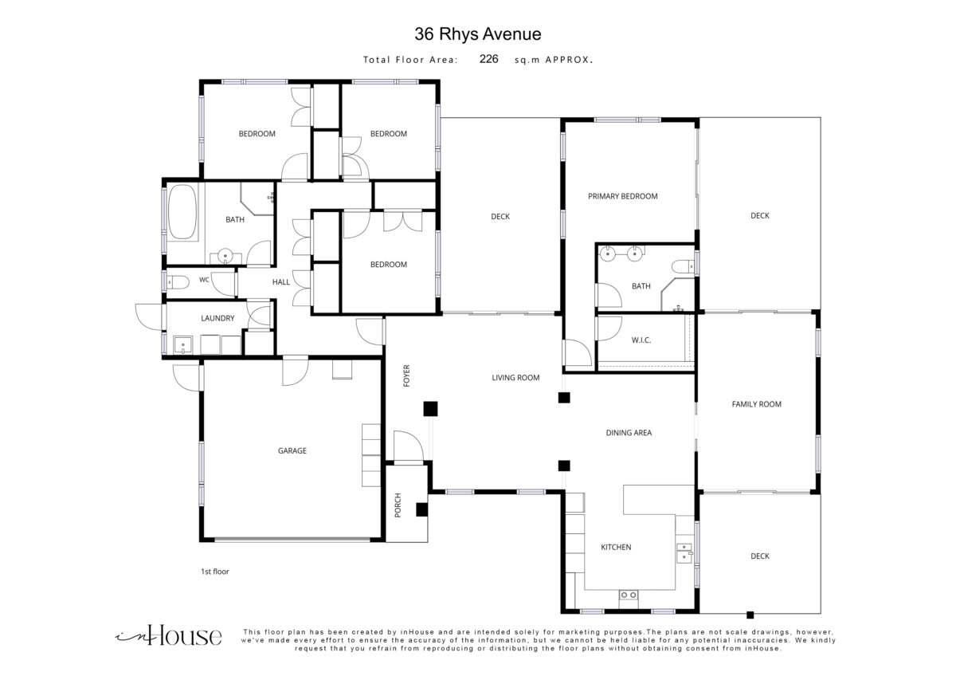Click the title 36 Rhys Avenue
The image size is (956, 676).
[x=477, y=34]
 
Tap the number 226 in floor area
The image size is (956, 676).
[x=488, y=59]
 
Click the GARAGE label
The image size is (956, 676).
[x=292, y=450]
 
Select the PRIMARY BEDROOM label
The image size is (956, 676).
[x=623, y=196]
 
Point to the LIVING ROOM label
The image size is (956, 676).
[x=515, y=378]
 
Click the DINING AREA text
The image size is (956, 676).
[x=629, y=433]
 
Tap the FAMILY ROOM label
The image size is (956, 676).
[x=756, y=404]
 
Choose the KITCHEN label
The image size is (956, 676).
[x=616, y=547]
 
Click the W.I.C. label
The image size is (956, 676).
[x=641, y=340]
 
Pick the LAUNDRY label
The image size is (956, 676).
[x=217, y=318]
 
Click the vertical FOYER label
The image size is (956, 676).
[x=406, y=375]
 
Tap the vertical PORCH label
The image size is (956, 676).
[x=398, y=505]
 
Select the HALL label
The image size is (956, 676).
[x=280, y=282]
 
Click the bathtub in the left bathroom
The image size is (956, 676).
[x=182, y=212]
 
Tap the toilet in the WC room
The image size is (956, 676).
[x=178, y=282]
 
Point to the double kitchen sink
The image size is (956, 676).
[x=684, y=553]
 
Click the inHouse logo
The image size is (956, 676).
[x=169, y=635]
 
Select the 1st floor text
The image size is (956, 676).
[x=214, y=572]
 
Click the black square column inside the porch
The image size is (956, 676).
[x=421, y=509]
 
